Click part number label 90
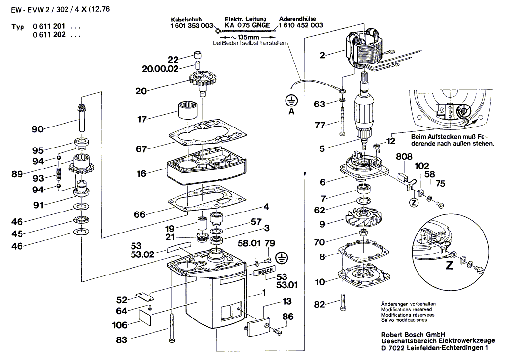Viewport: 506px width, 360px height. (x=37, y=129)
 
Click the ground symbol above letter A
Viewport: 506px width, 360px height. (x=291, y=101)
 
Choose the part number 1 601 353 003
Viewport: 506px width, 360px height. (x=192, y=25)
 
